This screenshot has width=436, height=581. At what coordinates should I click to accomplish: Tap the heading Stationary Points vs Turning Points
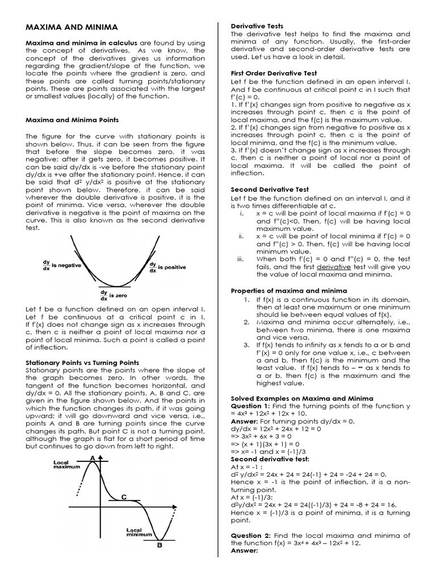(82, 361)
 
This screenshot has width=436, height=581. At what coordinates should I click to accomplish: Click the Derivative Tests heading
(255, 26)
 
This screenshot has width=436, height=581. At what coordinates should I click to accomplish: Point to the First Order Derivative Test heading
(274, 74)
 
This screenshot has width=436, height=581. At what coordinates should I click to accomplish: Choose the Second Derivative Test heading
(270, 190)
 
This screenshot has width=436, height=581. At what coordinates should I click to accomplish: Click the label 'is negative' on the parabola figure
(66, 265)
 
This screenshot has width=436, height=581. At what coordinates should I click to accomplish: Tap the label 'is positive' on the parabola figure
(171, 267)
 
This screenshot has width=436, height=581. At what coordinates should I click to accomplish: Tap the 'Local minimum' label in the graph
(139, 532)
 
